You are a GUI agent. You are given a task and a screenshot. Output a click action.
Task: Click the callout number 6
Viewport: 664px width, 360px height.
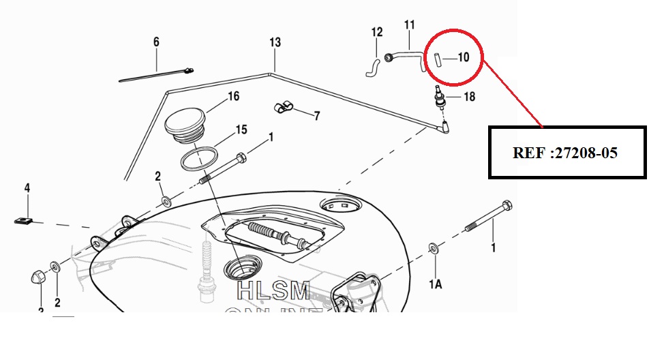click(156, 42)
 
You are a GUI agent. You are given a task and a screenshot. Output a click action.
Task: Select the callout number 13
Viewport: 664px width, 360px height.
click(275, 42)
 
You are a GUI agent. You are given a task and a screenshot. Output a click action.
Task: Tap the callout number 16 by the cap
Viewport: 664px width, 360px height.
click(233, 97)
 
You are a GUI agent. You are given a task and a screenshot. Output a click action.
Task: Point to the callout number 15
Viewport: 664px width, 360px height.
click(241, 129)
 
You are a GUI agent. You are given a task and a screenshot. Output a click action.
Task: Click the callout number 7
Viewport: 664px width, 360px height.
click(316, 115)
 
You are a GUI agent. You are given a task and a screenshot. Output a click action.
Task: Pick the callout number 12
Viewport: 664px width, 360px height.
click(377, 31)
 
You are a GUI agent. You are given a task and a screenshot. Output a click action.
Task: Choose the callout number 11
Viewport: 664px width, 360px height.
click(410, 25)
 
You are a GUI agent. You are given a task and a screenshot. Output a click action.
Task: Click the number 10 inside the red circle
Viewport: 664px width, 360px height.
click(463, 57)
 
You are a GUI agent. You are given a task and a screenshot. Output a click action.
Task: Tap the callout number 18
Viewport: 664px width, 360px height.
click(469, 97)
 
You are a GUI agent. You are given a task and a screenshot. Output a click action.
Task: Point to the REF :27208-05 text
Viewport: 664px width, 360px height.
click(565, 153)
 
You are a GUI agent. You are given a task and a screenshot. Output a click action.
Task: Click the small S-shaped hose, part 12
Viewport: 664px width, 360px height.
click(373, 67)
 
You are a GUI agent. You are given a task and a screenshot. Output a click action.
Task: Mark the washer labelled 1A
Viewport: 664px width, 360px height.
click(434, 247)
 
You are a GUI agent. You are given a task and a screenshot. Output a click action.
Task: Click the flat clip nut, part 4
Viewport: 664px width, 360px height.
click(24, 220)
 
